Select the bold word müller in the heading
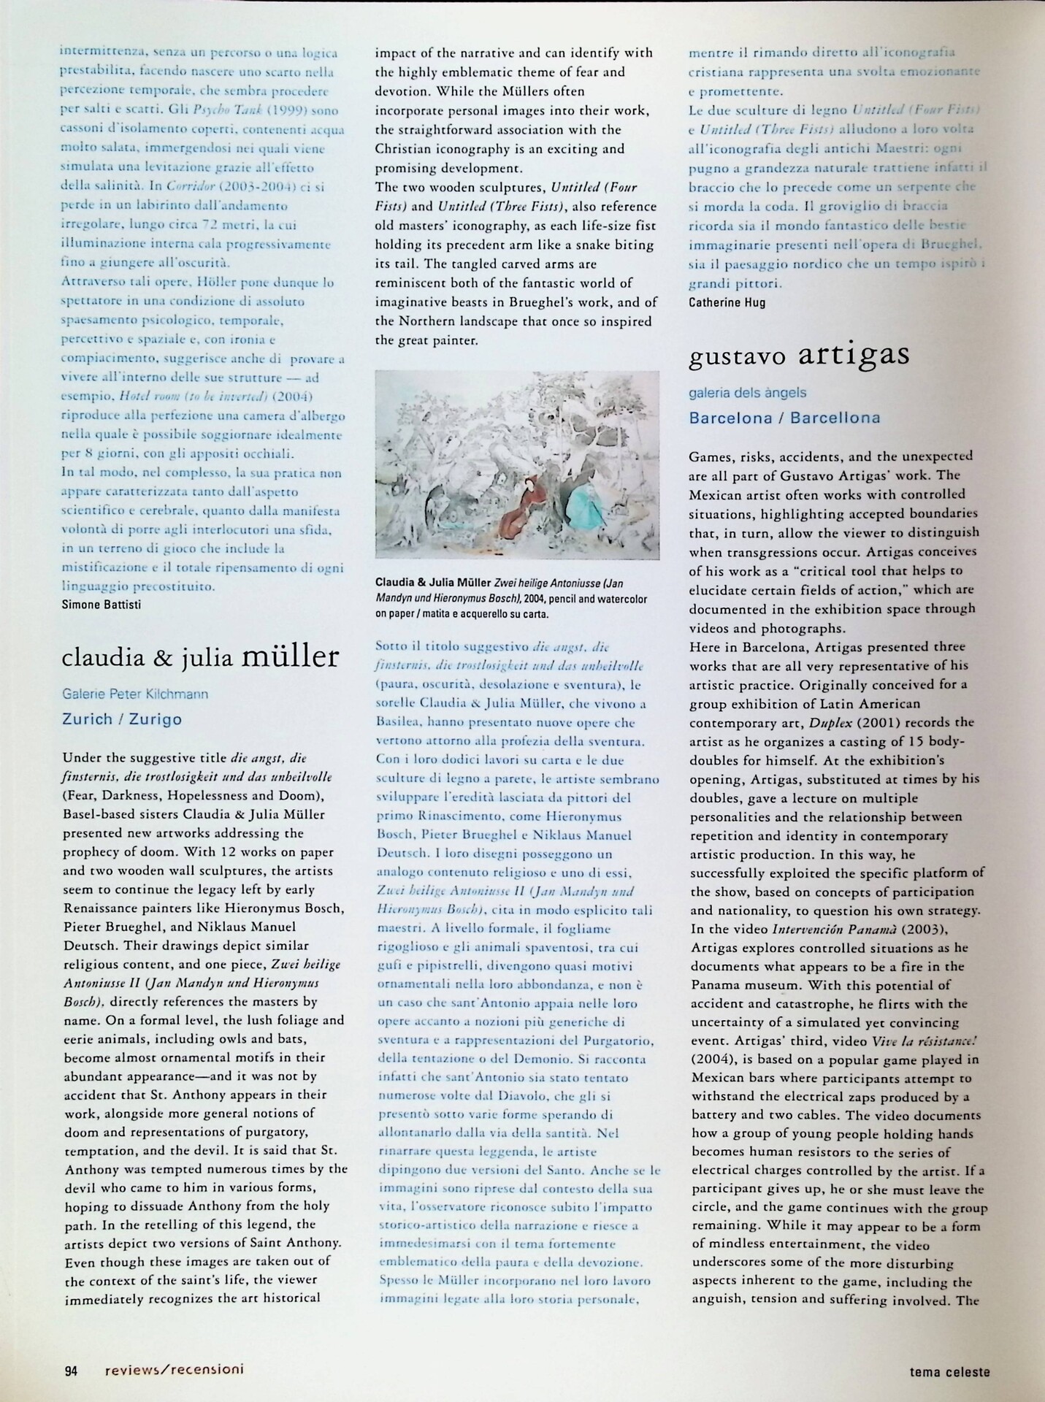point(291,656)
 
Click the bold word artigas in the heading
point(854,354)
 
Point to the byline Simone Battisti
point(102,604)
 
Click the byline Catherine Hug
point(727,302)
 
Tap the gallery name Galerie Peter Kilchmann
point(136,694)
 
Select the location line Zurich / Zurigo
point(123,719)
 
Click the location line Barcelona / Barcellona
point(785,418)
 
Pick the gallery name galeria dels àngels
point(748,393)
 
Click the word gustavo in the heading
point(738,356)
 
